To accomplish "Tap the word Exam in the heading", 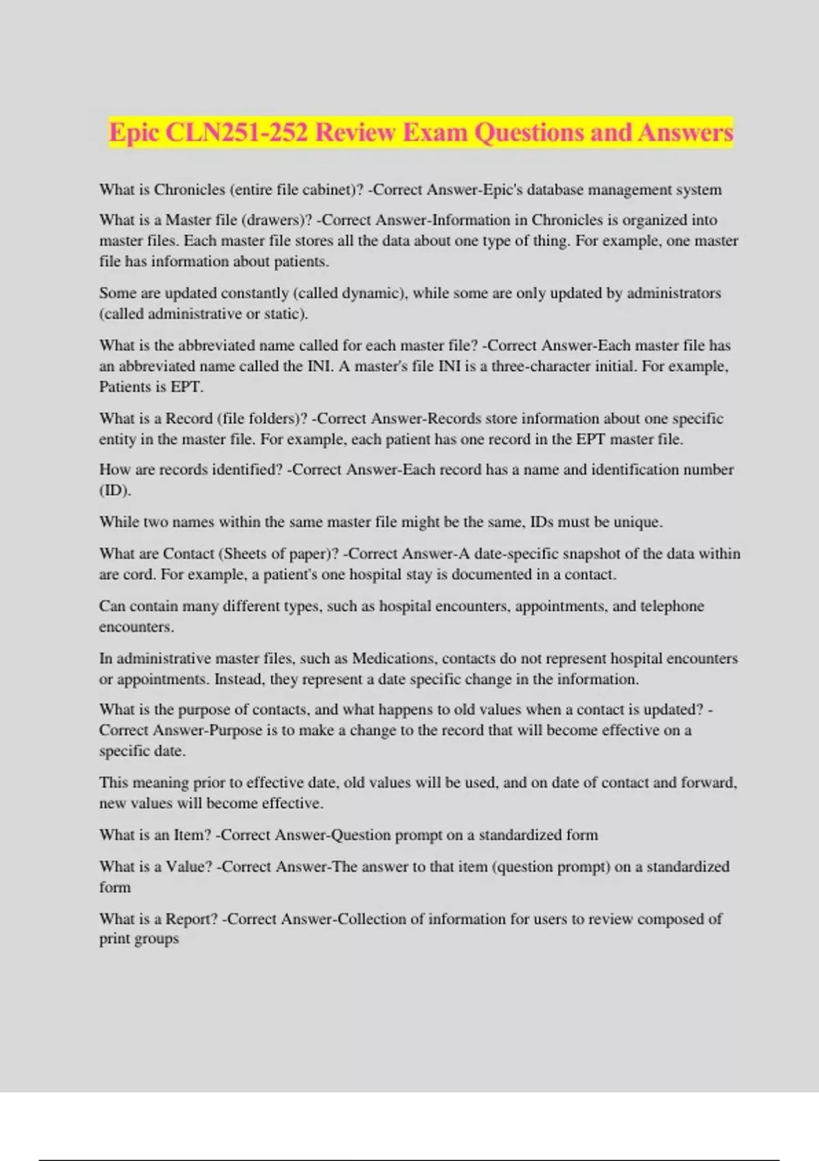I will tap(434, 132).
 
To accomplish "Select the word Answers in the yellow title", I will tap(685, 132).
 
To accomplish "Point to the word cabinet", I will tap(330, 190).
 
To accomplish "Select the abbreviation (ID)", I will tap(115, 490).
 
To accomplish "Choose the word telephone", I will tap(672, 606).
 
